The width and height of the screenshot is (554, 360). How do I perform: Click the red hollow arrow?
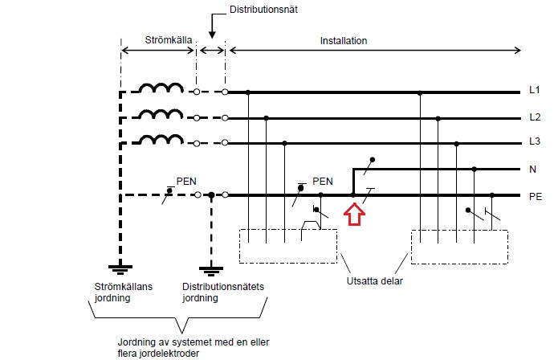pos(354,215)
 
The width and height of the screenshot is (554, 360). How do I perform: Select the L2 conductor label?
pos(535,118)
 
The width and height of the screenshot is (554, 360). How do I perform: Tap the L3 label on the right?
pos(535,143)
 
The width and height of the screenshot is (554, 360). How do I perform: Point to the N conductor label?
pos(533,170)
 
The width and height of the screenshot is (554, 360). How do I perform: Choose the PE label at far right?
pos(536,195)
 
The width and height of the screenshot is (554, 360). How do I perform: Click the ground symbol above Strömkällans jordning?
pos(120,268)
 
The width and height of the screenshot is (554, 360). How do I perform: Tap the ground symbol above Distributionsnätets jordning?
pos(211,268)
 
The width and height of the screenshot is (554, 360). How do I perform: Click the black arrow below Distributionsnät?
pos(212,29)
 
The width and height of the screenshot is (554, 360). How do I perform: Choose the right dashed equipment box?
pos(459,246)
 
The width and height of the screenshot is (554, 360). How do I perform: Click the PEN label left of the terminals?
pos(186,182)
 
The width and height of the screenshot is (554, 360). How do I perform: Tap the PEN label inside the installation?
pos(322,181)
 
